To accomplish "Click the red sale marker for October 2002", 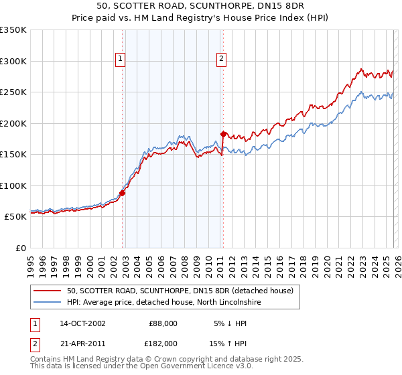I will [122, 193].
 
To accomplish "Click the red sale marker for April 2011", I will [223, 134].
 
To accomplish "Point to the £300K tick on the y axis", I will [13, 61].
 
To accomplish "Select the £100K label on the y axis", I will [13, 185].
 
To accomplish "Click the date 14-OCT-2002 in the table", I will [82, 323].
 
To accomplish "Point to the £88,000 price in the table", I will [161, 323].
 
